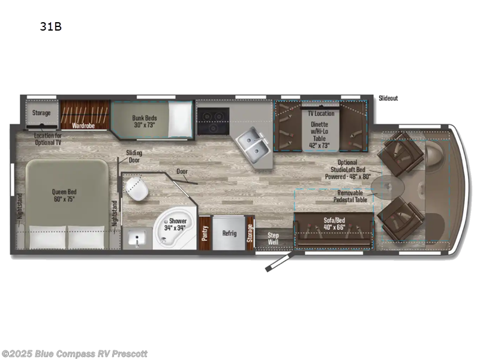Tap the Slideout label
pyautogui.click(x=388, y=98)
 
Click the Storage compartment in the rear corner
pyautogui.click(x=41, y=113)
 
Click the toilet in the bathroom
pyautogui.click(x=137, y=191)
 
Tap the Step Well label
pyautogui.click(x=273, y=238)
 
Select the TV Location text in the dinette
pyautogui.click(x=321, y=113)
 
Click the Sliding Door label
pyautogui.click(x=134, y=157)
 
